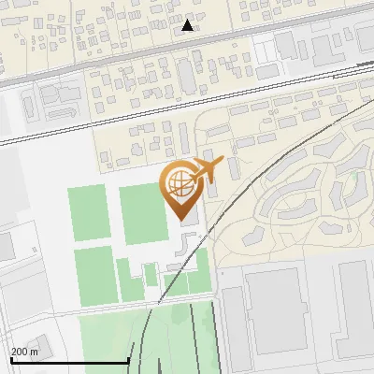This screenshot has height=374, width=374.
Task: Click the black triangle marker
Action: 188,25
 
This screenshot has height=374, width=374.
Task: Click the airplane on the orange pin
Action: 209,169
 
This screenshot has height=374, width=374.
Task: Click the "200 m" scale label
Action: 25,352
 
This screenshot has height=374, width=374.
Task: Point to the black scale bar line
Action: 69,361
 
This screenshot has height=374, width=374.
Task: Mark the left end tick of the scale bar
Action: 11,359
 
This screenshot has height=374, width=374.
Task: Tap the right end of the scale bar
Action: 127,359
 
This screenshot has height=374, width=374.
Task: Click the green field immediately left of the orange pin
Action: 141,214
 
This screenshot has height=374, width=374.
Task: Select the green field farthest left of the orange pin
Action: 88,214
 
